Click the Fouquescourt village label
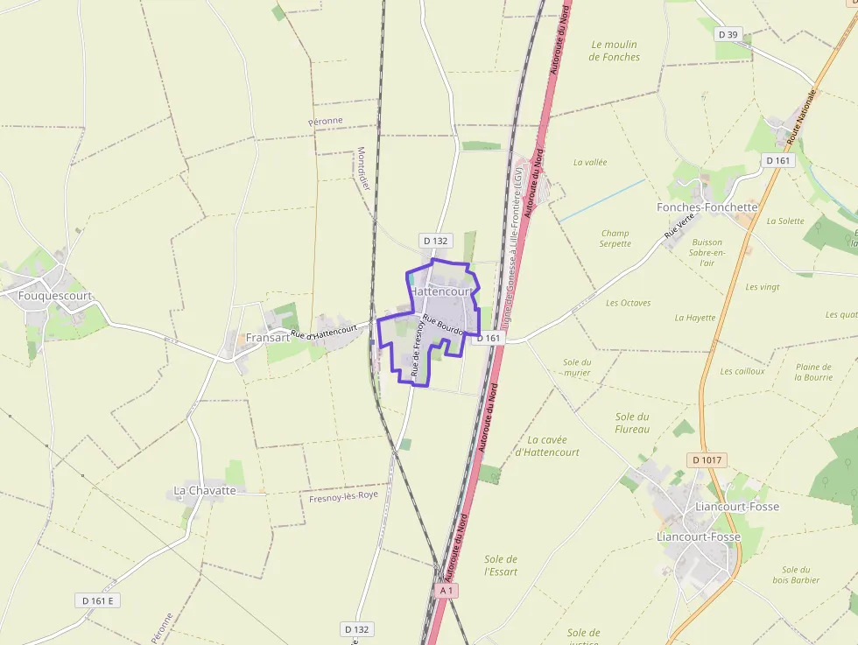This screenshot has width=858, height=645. [54, 296]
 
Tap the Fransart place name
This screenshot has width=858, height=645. [267, 337]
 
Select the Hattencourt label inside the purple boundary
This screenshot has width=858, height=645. [441, 291]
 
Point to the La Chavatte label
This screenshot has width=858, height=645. [205, 490]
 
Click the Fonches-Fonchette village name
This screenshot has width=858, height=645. [707, 207]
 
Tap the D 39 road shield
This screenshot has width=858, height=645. [727, 34]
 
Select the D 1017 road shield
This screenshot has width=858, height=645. [707, 459]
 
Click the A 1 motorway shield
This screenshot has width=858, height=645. [447, 591]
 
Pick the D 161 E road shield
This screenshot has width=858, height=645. [99, 600]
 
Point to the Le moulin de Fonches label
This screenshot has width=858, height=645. [615, 51]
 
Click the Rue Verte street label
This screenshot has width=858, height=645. [673, 229]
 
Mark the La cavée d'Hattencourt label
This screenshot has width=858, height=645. [547, 446]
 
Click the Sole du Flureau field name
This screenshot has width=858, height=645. [632, 423]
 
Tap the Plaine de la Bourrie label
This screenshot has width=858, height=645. [813, 372]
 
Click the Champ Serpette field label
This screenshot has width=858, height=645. [615, 238]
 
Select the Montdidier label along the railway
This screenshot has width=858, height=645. [364, 168]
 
